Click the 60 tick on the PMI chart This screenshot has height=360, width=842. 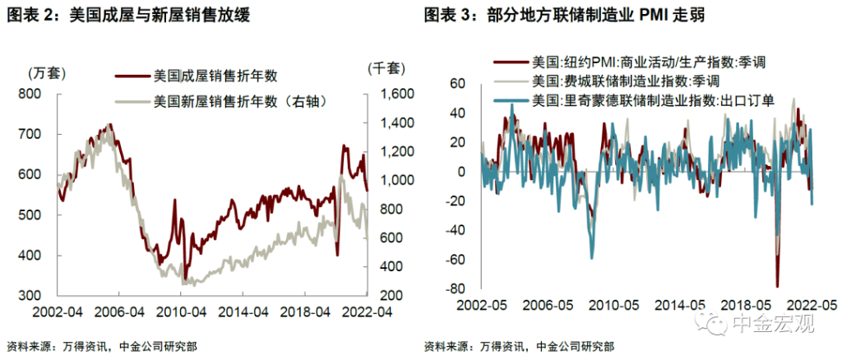click(x=457, y=83)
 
